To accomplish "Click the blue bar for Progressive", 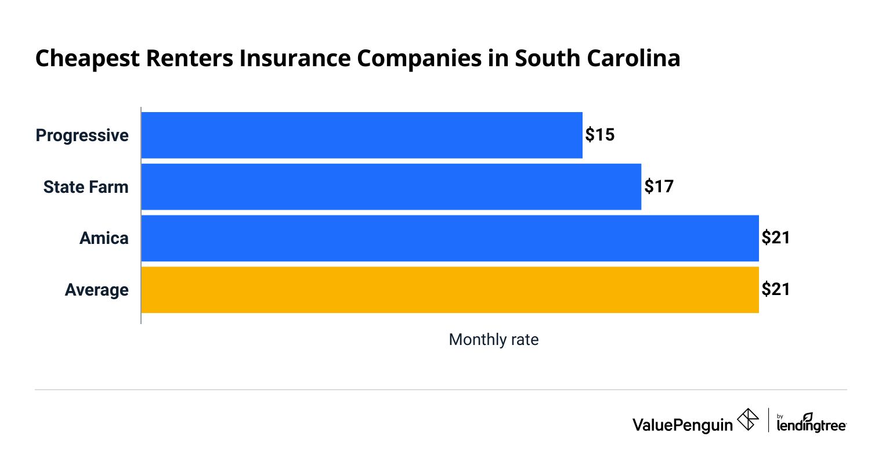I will (x=362, y=135).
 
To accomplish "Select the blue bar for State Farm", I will (x=391, y=187).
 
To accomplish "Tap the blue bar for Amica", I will (x=450, y=239).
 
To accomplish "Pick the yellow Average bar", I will (x=450, y=290).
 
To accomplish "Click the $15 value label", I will (x=599, y=135).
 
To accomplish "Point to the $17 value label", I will (x=659, y=187).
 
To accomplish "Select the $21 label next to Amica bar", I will (x=776, y=238).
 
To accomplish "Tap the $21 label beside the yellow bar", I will (x=776, y=289).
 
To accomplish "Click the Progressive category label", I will (x=82, y=136).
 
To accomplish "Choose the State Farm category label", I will (x=86, y=187).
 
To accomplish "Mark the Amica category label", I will (x=104, y=239).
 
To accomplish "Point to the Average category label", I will (x=97, y=290).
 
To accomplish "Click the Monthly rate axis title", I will (x=494, y=340).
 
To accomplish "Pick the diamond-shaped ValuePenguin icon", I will (x=748, y=420).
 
